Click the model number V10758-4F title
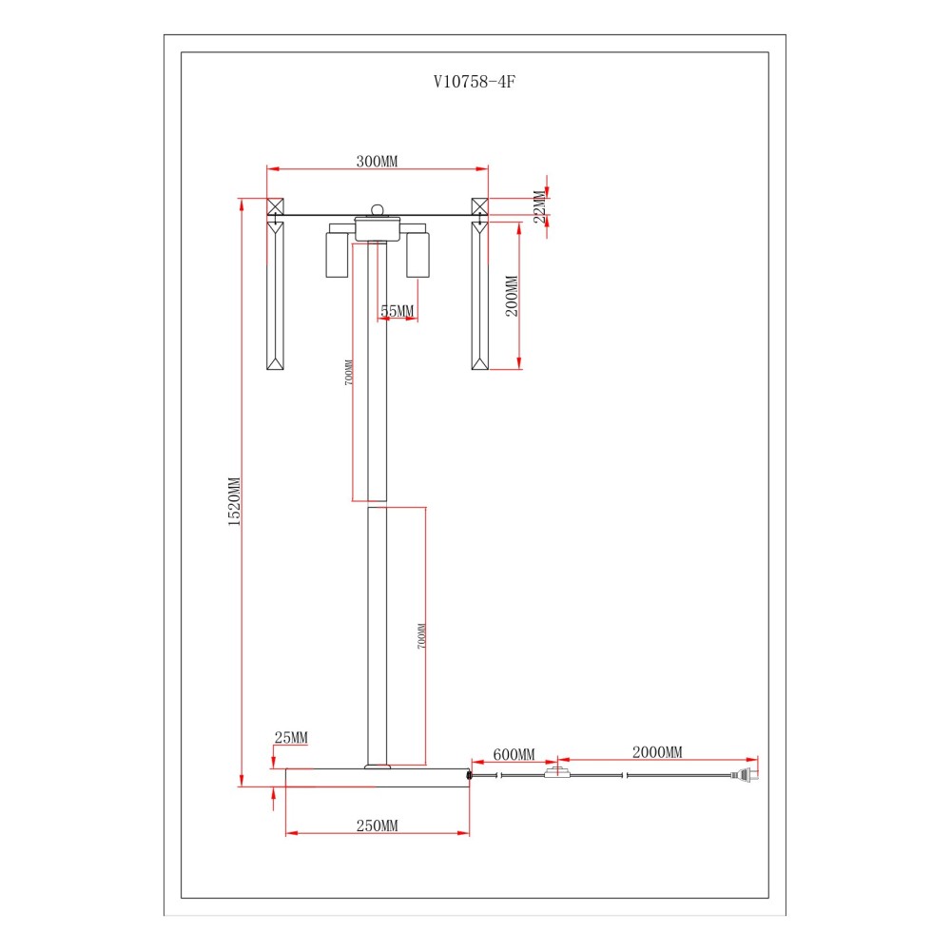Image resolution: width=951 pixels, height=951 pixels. click(475, 82)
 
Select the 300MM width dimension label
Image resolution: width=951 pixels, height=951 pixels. click(377, 162)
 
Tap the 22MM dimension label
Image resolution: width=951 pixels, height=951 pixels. click(540, 207)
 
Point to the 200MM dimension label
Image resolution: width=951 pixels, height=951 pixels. click(512, 296)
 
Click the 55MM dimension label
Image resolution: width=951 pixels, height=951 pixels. click(398, 311)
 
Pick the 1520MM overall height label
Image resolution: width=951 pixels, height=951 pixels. click(234, 501)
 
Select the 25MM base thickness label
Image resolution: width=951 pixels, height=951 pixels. click(291, 738)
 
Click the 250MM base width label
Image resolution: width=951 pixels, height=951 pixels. click(377, 825)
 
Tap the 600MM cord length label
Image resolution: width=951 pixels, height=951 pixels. click(514, 754)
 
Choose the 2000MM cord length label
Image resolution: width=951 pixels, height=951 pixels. click(657, 752)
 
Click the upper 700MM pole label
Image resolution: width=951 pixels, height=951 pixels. click(348, 373)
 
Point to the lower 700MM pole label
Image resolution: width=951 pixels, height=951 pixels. click(421, 636)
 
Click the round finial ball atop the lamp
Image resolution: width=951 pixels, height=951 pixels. click(378, 210)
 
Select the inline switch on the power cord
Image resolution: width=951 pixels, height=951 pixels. click(557, 772)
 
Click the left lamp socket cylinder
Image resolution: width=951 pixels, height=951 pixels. click(337, 254)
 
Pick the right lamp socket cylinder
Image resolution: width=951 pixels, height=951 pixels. click(417, 254)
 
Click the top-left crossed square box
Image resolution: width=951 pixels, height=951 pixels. click(276, 206)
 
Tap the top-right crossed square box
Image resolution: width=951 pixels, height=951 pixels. click(479, 206)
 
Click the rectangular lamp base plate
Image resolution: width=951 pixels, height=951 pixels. click(378, 778)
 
